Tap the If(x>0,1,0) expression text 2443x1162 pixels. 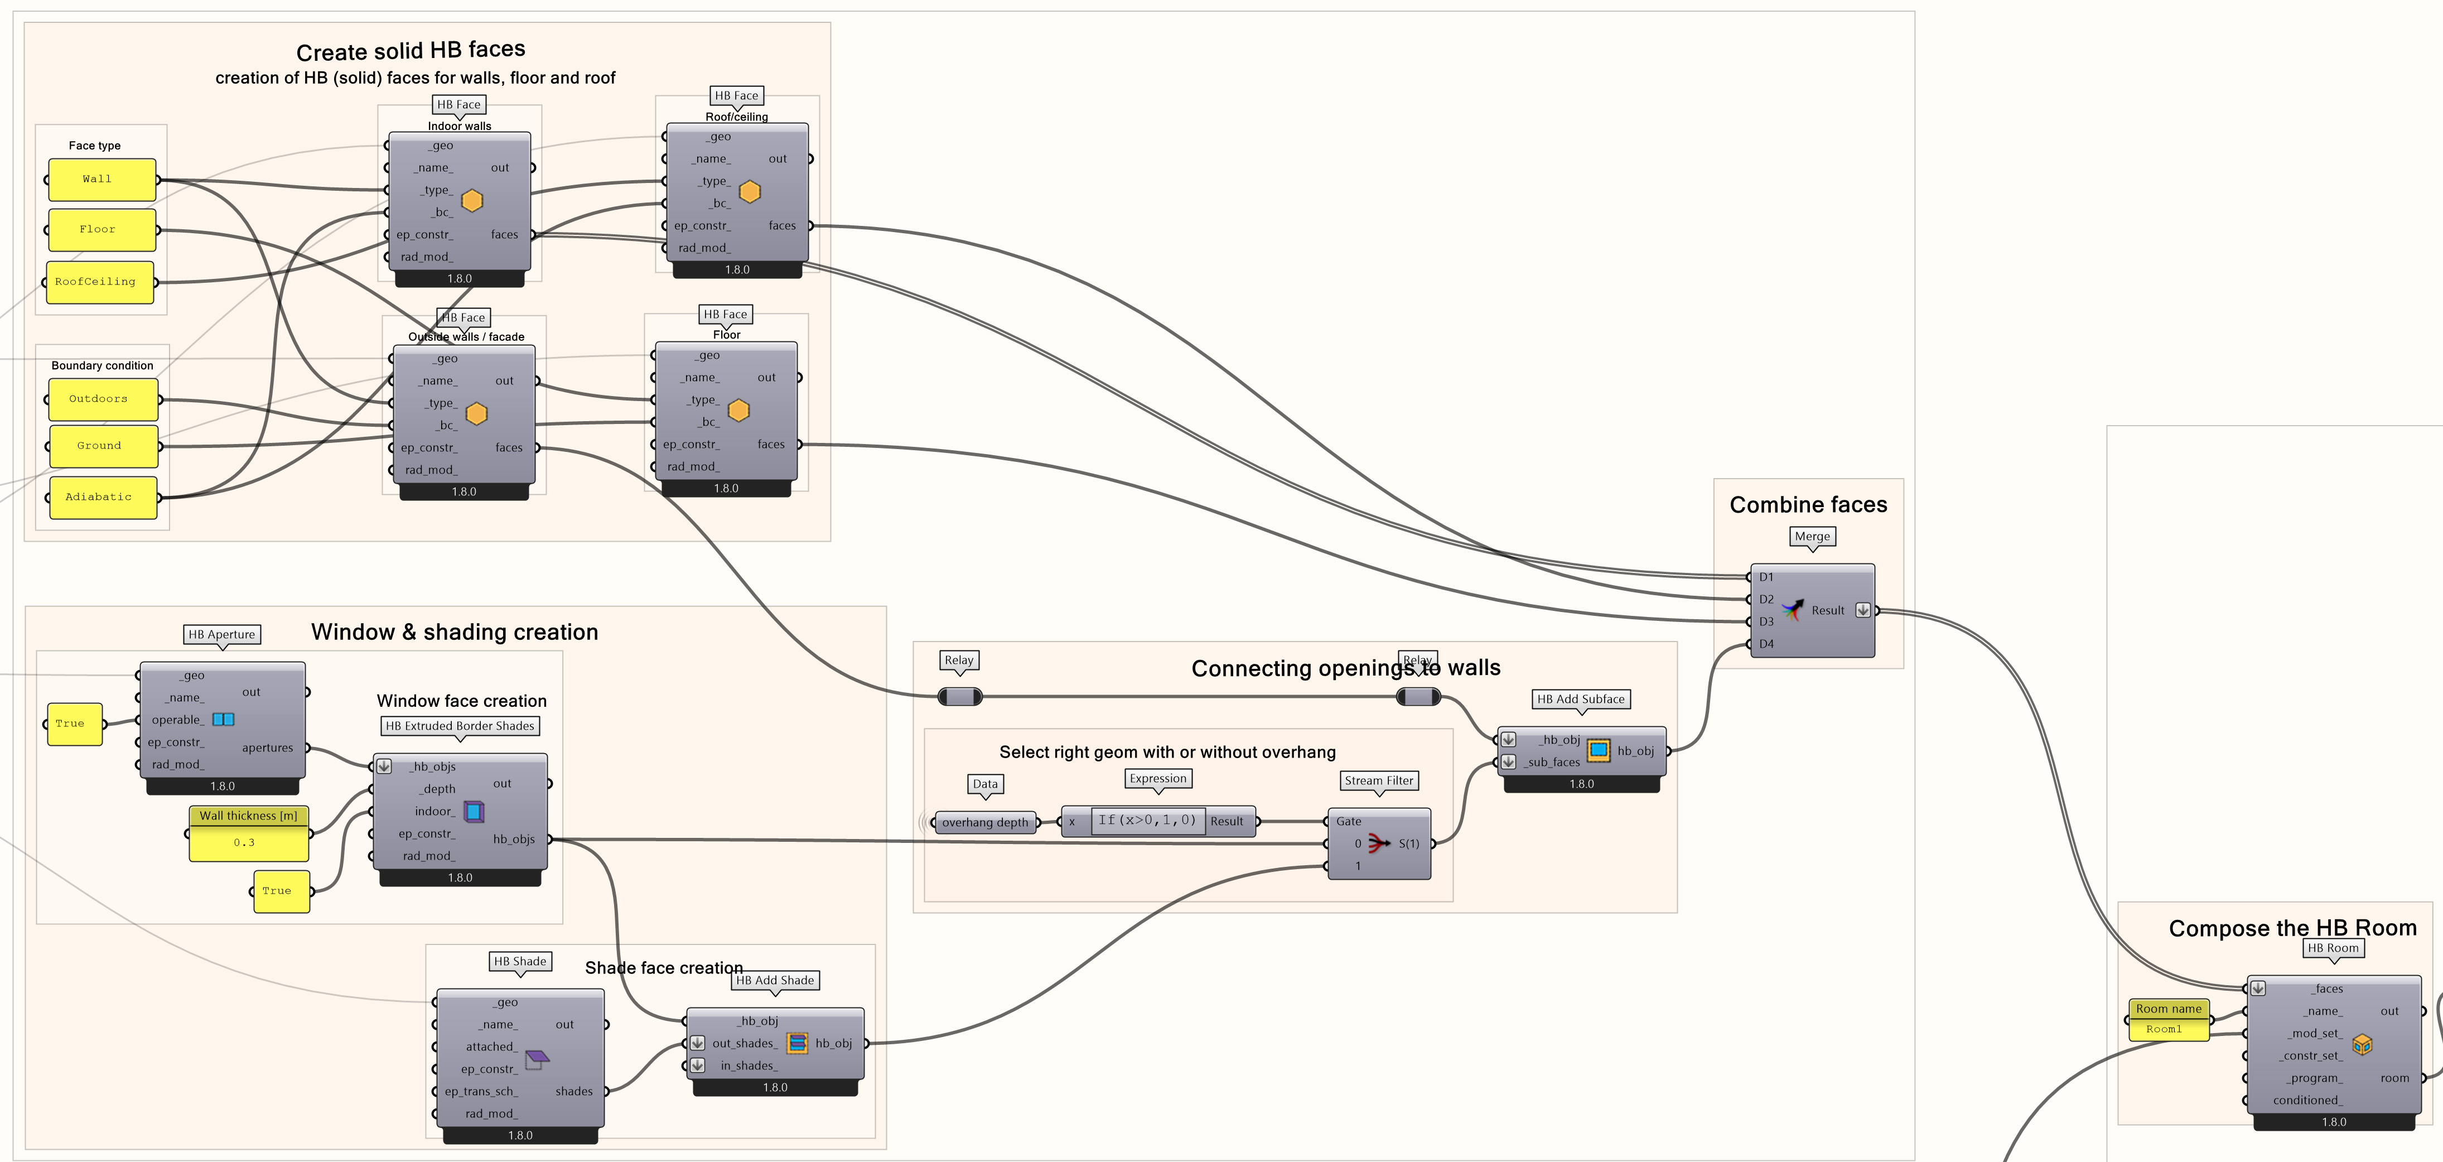pos(1147,821)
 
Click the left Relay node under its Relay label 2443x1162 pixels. pos(960,697)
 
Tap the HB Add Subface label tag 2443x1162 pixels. pos(1580,699)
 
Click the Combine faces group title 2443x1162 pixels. pos(1808,505)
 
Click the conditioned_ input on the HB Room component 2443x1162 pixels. pos(2306,1100)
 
